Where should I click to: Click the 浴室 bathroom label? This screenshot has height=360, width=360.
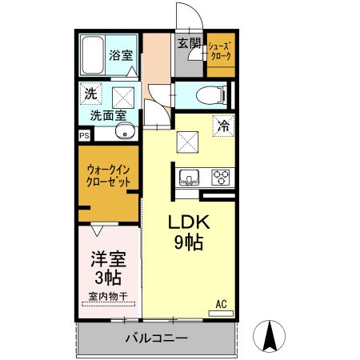pos(121,56)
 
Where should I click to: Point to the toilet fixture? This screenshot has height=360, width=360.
pos(210,94)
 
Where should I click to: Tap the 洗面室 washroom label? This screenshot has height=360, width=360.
pos(106,114)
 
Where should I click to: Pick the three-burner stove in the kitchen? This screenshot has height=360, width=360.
pos(220,176)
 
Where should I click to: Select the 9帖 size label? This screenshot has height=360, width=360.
pos(187,242)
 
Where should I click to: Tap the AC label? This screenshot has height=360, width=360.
pos(222,304)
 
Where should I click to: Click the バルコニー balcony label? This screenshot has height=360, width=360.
pos(157,338)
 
